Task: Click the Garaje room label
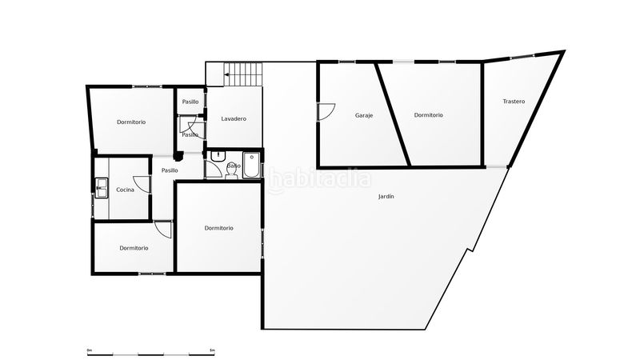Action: tap(364, 115)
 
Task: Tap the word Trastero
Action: tap(514, 101)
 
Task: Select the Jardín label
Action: tap(386, 197)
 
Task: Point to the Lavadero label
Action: tap(234, 119)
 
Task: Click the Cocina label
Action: tap(125, 190)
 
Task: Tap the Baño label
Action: tap(234, 166)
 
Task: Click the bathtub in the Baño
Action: tap(251, 166)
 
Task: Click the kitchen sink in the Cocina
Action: tap(102, 188)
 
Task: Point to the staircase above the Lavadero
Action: tap(243, 74)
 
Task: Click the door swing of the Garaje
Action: tap(325, 112)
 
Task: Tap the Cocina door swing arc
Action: tap(142, 183)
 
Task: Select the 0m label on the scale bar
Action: tap(89, 349)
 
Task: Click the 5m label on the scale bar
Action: tap(212, 349)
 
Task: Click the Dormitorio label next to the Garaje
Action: tap(429, 115)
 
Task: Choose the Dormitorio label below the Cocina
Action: tap(134, 248)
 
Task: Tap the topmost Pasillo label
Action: tap(190, 102)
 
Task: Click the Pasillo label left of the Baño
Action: tap(170, 170)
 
